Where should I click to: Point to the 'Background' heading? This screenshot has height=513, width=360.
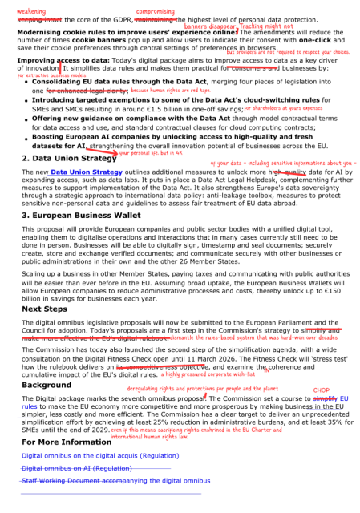click(x=47, y=385)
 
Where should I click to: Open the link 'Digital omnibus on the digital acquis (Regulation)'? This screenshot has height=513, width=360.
click(x=101, y=455)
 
